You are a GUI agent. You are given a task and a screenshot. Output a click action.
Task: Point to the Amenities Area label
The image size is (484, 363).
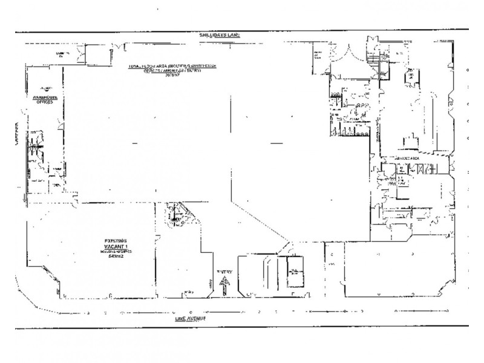pyautogui.click(x=407, y=158)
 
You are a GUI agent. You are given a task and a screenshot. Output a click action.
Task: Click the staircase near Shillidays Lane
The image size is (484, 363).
pyautogui.click(x=376, y=60)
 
